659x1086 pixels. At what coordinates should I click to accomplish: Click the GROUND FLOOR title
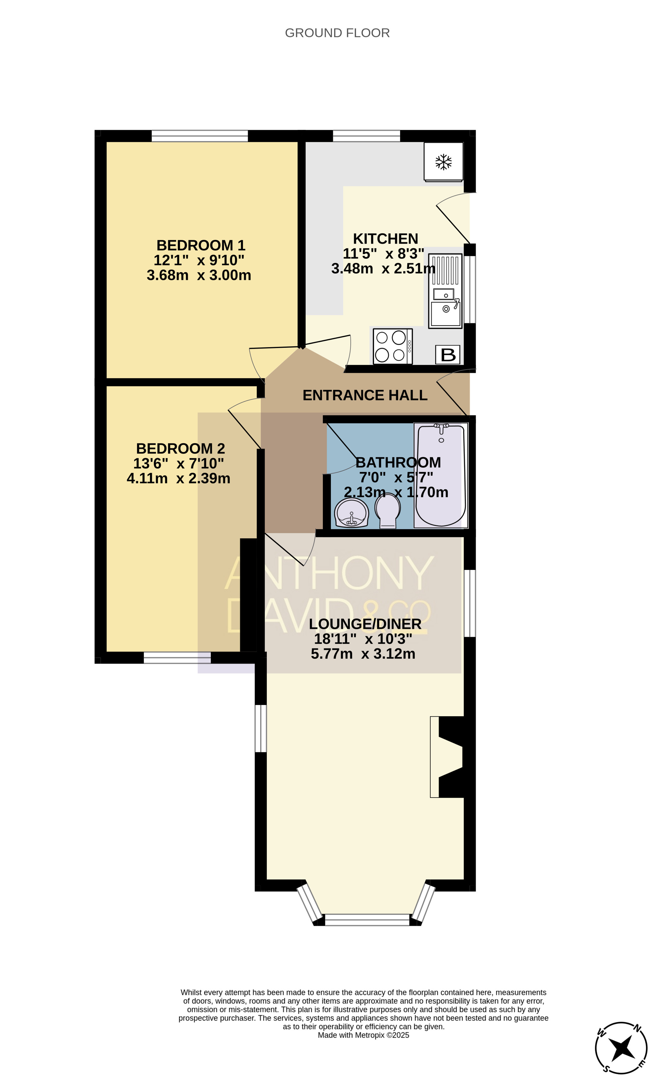click(337, 33)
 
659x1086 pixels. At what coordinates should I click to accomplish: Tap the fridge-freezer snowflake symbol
click(444, 162)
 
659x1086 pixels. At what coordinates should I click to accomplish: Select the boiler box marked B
click(448, 355)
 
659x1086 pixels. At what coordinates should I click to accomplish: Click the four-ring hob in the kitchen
click(392, 347)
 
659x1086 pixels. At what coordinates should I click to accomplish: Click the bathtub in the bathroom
click(441, 475)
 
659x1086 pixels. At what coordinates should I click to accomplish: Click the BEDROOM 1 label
click(200, 245)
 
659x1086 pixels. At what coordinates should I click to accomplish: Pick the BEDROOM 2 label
click(181, 448)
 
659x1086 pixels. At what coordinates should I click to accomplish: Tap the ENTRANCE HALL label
click(365, 395)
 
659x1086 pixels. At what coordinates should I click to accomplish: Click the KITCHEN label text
click(386, 238)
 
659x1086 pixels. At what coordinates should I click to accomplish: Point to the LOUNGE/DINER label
click(365, 624)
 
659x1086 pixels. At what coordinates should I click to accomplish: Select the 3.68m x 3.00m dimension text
click(199, 275)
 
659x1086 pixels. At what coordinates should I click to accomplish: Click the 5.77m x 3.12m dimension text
click(363, 654)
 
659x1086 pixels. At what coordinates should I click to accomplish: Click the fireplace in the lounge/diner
click(447, 757)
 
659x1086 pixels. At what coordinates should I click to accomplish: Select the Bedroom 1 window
click(200, 136)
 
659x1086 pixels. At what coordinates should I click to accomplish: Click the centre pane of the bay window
click(367, 920)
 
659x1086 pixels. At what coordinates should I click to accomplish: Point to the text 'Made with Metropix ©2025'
click(363, 1035)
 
